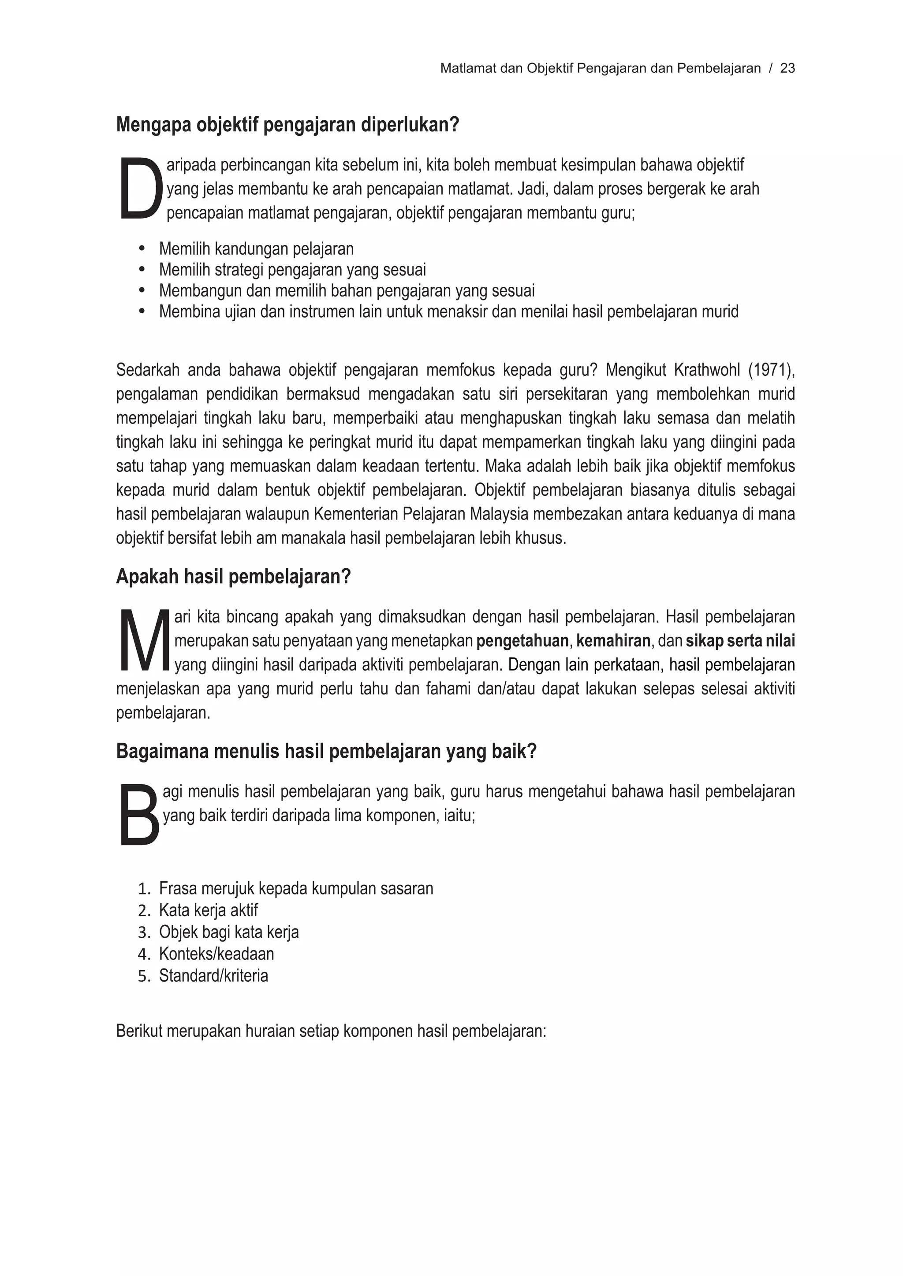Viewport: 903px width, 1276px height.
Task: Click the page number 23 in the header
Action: (x=787, y=68)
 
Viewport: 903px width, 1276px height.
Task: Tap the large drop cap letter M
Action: (x=144, y=640)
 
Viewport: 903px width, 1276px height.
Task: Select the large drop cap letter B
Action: (x=139, y=815)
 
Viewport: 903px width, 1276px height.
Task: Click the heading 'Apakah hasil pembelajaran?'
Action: (x=234, y=576)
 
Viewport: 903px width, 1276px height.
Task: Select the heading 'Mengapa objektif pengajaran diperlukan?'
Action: (x=287, y=125)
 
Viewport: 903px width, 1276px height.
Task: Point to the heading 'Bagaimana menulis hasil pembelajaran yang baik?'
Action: (x=326, y=751)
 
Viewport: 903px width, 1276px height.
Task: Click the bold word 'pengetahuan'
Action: (x=522, y=641)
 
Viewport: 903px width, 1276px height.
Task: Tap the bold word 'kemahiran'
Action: (x=613, y=641)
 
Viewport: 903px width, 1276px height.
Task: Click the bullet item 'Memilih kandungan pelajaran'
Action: (x=256, y=249)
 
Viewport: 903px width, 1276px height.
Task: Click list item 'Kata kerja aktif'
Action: (x=209, y=910)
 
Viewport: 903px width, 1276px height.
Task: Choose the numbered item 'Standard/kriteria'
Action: (x=213, y=976)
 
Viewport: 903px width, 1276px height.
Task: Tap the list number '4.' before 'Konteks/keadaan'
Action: (x=144, y=954)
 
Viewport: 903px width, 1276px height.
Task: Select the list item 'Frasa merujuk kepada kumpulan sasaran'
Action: (x=296, y=888)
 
